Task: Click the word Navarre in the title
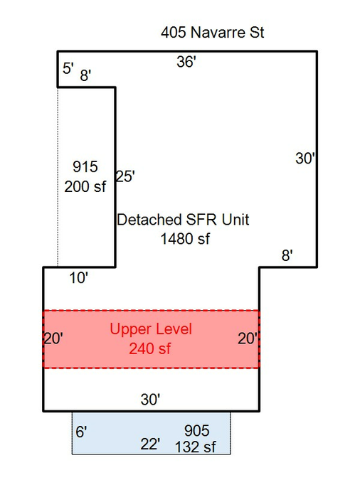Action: tap(218, 32)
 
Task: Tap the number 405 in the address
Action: tap(174, 32)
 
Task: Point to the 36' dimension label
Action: tap(186, 62)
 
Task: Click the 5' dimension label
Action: tap(68, 68)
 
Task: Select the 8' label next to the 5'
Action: tap(85, 75)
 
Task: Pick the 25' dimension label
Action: tap(125, 176)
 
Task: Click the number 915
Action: tap(85, 167)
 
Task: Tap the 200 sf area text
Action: tap(85, 186)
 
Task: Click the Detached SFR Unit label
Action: tap(183, 220)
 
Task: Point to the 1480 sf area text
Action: tap(186, 239)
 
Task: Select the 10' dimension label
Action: tap(79, 278)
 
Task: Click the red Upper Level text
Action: tap(151, 329)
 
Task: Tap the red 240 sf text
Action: tap(150, 348)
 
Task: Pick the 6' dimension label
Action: tap(81, 432)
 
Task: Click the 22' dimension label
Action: tap(150, 444)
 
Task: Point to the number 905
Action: tap(197, 431)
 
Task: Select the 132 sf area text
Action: tap(196, 447)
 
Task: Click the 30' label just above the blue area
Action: tap(150, 400)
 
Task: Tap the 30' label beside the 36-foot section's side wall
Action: tap(305, 159)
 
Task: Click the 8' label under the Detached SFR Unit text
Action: tap(287, 255)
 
